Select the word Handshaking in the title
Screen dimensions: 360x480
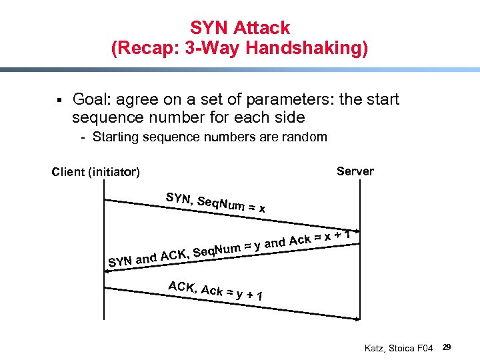coord(312,49)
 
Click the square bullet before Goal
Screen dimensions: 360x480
coord(59,101)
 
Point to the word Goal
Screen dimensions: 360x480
coord(91,100)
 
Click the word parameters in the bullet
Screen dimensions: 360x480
coord(279,100)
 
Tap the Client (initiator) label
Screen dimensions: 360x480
coord(96,173)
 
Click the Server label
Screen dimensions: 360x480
coord(355,171)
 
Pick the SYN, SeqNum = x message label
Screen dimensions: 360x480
coord(215,201)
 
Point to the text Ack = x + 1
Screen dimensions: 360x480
coord(319,238)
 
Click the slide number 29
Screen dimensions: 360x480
coord(447,347)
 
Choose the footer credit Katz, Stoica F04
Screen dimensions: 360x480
coord(399,348)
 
